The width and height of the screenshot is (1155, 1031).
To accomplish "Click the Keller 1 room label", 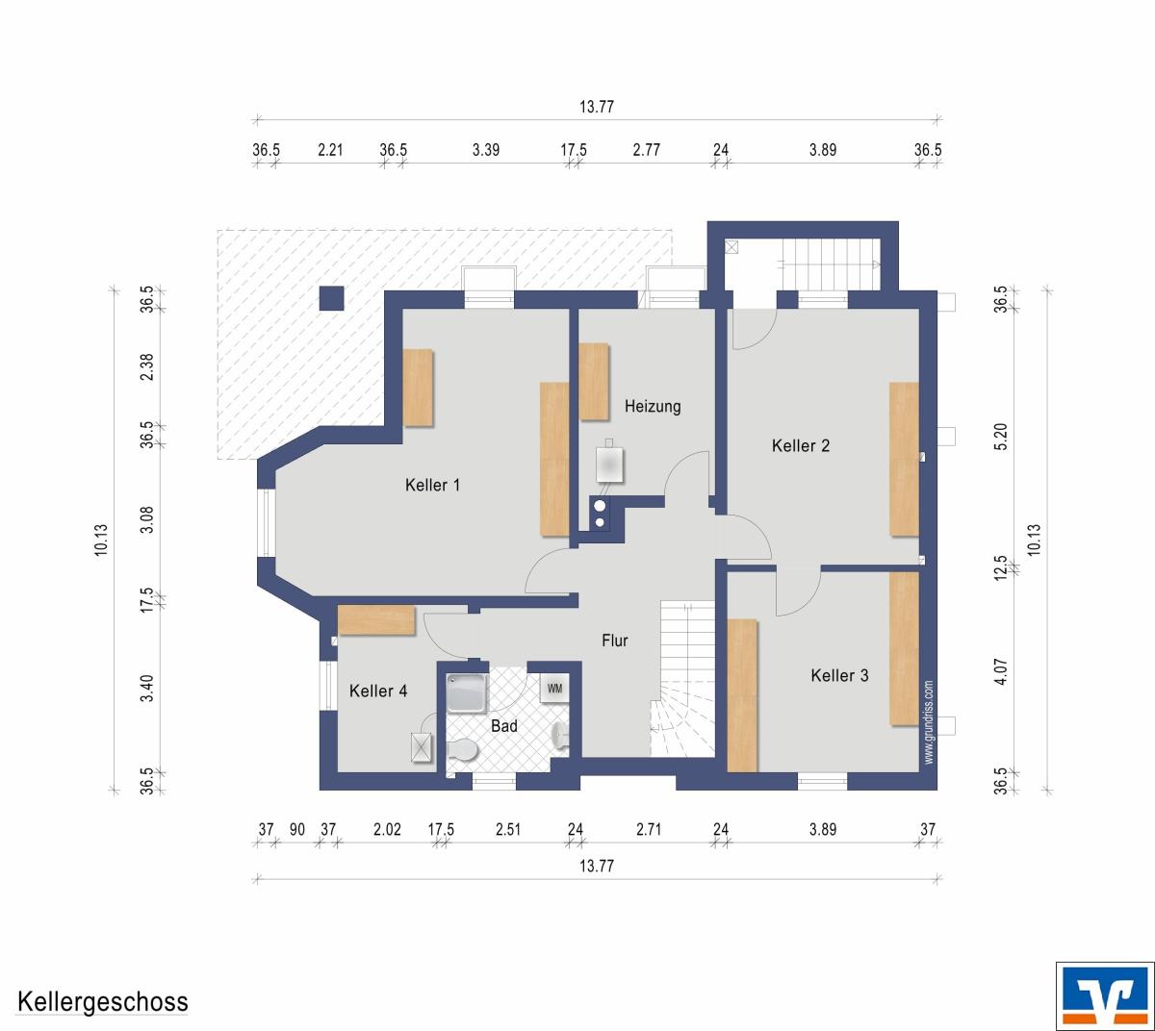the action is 432,486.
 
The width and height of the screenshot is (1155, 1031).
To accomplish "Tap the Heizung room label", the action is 653,407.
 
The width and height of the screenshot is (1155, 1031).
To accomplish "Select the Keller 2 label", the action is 801,446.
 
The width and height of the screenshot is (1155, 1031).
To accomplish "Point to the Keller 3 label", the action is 839,675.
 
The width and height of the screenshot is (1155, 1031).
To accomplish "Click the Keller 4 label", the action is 378,691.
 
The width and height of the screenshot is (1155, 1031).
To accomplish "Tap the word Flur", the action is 614,641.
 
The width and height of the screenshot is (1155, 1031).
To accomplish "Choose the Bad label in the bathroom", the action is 504,726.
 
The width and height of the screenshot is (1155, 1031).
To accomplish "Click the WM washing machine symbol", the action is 554,690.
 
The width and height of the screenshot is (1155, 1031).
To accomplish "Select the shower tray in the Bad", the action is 467,693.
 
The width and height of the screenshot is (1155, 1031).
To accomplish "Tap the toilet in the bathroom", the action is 462,751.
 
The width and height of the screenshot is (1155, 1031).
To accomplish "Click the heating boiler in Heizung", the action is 609,465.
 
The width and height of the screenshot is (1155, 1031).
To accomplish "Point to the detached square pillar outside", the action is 331,298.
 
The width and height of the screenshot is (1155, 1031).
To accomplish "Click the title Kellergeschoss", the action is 103,1002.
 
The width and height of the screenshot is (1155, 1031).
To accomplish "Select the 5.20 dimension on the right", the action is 1000,438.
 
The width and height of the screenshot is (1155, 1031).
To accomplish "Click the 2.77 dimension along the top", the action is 646,150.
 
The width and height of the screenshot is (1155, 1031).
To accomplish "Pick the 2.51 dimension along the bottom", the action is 508,829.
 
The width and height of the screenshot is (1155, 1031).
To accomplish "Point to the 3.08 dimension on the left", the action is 146,519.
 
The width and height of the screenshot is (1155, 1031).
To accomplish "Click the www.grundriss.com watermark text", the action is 929,722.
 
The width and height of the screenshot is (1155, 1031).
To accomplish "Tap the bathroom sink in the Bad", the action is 560,735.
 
